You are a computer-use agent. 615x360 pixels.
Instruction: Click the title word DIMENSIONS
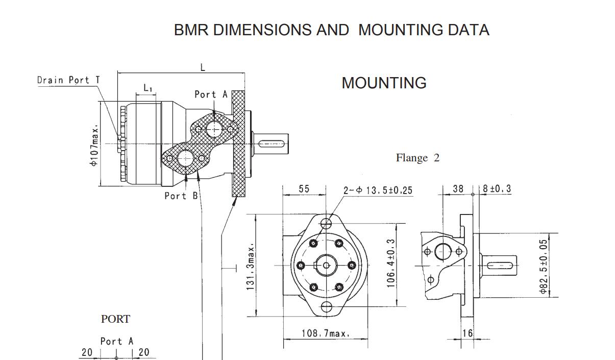[x=262, y=30]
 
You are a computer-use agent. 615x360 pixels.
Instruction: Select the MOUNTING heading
[x=384, y=83]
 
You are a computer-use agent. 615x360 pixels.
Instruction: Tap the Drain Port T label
[x=68, y=80]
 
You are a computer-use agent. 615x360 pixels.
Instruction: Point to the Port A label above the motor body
[x=211, y=94]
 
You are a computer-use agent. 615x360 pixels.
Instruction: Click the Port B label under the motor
[x=181, y=196]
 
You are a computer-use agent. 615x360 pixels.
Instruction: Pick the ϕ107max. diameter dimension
[x=94, y=146]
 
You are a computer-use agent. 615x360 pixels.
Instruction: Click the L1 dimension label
[x=147, y=88]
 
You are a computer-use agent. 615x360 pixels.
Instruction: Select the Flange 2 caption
[x=417, y=158]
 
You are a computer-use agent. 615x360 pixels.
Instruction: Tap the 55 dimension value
[x=304, y=189]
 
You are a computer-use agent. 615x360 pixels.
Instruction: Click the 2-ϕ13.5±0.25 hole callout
[x=378, y=190]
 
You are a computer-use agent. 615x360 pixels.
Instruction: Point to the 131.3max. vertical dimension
[x=250, y=267]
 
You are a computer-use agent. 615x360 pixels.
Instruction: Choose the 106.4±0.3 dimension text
[x=390, y=263]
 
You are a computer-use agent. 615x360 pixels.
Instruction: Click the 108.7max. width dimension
[x=326, y=333]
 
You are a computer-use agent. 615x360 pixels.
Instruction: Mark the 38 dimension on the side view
[x=458, y=188]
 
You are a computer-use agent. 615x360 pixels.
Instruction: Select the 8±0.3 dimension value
[x=497, y=188]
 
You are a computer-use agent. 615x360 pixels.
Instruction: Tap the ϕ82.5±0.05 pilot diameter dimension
[x=544, y=267]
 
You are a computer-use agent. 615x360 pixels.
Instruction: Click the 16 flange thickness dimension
[x=468, y=333]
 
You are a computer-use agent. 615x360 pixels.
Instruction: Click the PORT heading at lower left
[x=115, y=319]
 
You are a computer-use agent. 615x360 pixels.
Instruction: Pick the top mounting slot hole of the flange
[x=326, y=224]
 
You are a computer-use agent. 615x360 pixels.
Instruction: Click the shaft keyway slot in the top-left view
[x=272, y=144]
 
